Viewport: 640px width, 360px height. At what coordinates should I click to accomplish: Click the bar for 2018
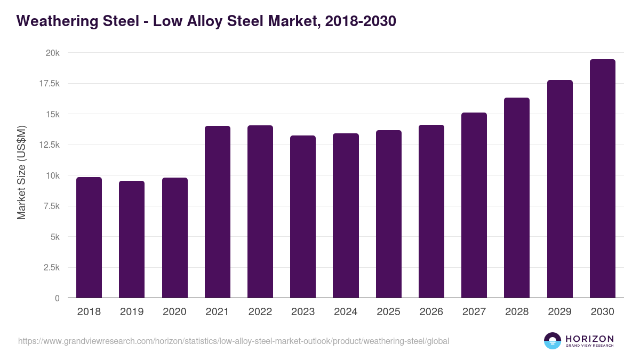[x=89, y=237]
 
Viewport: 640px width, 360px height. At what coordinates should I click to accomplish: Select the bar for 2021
[x=217, y=212]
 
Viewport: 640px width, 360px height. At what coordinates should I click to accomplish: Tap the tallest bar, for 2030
[x=602, y=179]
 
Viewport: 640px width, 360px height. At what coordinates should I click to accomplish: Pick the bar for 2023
[x=303, y=217]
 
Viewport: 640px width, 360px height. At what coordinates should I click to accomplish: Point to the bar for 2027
[x=474, y=205]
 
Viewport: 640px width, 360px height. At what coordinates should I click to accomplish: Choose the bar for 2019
[x=132, y=239]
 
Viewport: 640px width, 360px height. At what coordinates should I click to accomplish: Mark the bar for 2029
[x=559, y=189]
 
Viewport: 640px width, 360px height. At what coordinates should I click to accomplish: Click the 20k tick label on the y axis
[x=52, y=53]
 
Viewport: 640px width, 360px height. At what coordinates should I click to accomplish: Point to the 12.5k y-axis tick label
[x=49, y=145]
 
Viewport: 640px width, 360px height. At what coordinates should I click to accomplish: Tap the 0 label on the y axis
[x=57, y=298]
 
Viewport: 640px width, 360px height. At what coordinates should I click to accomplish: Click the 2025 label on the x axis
[x=388, y=312]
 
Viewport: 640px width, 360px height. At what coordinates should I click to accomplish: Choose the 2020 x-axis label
[x=174, y=312]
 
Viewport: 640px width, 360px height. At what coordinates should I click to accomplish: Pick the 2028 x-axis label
[x=517, y=312]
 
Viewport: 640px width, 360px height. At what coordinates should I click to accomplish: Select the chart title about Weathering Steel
[x=206, y=21]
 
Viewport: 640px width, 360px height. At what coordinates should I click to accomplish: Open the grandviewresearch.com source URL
[x=234, y=341]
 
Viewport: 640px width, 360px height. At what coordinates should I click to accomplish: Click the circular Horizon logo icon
[x=553, y=341]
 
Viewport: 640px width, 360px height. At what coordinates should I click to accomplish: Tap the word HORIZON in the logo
[x=589, y=338]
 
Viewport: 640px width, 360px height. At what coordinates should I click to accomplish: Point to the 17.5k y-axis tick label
[x=49, y=84]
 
